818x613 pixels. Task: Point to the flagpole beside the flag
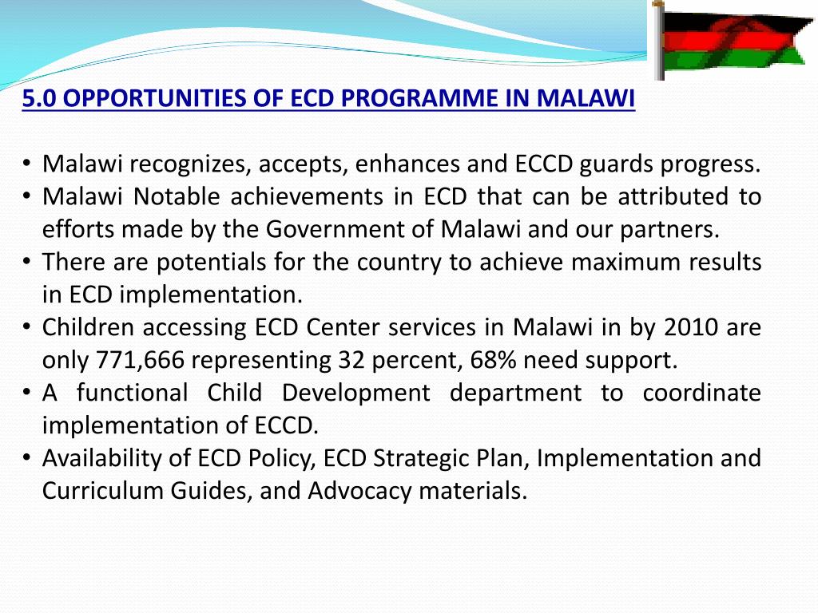pyautogui.click(x=659, y=40)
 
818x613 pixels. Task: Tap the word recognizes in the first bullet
pyautogui.click(x=190, y=164)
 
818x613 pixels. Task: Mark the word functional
pyautogui.click(x=133, y=394)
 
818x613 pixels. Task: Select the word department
pyautogui.click(x=516, y=394)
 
